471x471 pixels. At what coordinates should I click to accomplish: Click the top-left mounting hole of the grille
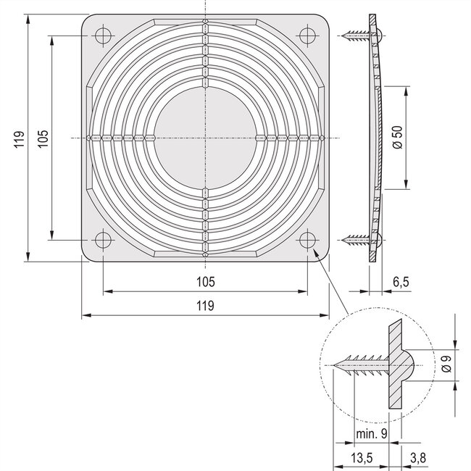tap(103, 34)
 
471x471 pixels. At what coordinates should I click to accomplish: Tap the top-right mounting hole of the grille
tap(307, 34)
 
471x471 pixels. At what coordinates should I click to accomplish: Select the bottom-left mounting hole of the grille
tap(103, 238)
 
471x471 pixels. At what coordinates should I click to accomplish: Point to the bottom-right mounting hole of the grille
tap(307, 238)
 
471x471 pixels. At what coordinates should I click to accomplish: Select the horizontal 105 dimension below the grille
tap(205, 281)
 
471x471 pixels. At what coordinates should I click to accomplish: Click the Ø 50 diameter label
tap(396, 138)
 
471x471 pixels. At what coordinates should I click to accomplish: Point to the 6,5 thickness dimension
tap(401, 281)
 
